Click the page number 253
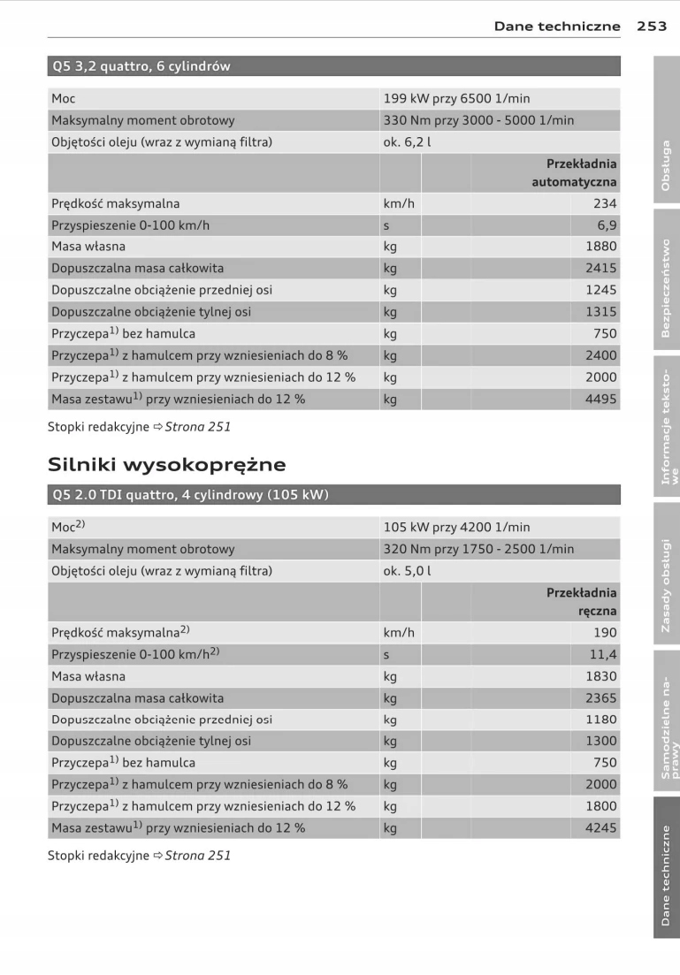tap(652, 26)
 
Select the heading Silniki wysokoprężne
tap(166, 464)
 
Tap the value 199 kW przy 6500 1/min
tap(456, 99)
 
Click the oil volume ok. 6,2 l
tap(408, 142)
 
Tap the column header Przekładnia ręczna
tap(581, 601)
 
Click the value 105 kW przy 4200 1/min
tap(456, 528)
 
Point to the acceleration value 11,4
tap(603, 655)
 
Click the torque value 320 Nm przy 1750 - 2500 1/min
tap(478, 549)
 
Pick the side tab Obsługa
tap(667, 165)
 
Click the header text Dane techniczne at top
tap(557, 26)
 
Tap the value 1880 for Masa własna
tap(601, 247)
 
